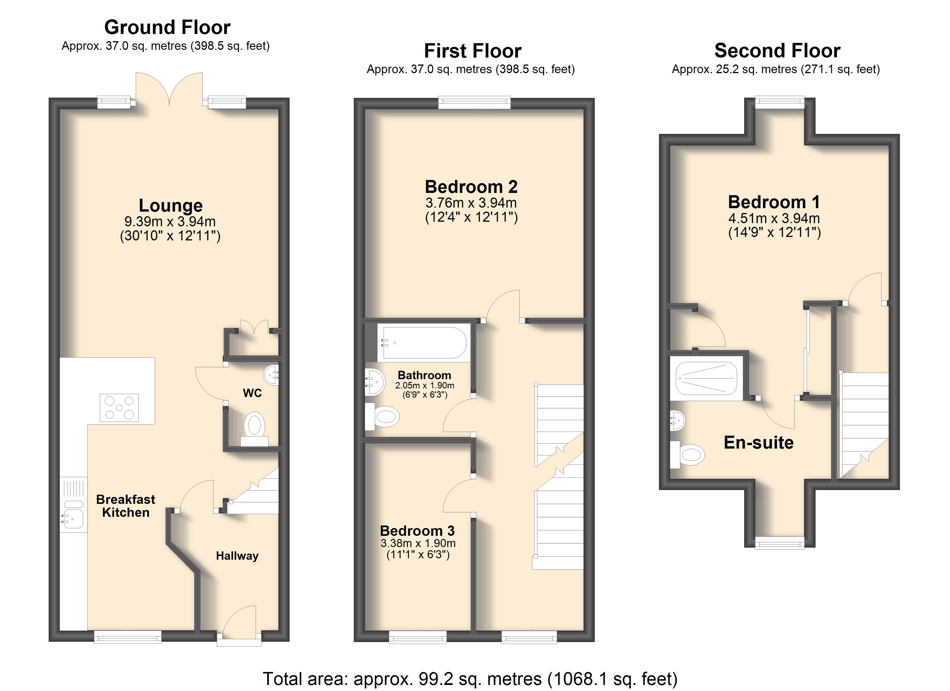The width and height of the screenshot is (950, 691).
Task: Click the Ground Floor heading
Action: [x=167, y=28]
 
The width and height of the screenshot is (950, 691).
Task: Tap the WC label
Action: [x=252, y=393]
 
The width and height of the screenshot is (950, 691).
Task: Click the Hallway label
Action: [x=237, y=556]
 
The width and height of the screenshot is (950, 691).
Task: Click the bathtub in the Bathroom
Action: [x=423, y=343]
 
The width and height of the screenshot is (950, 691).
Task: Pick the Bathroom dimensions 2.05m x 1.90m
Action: [x=425, y=385]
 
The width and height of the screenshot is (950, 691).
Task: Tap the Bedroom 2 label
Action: [x=471, y=187]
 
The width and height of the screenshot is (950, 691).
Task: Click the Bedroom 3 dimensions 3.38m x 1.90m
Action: [x=418, y=543]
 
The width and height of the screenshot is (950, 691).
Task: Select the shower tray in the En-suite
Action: [x=706, y=378]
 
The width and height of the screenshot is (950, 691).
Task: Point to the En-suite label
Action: [x=759, y=443]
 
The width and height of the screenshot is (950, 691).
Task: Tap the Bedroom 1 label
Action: [x=774, y=202]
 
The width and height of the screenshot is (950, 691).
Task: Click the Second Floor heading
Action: [x=778, y=51]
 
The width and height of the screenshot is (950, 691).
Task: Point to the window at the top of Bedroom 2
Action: [x=475, y=102]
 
